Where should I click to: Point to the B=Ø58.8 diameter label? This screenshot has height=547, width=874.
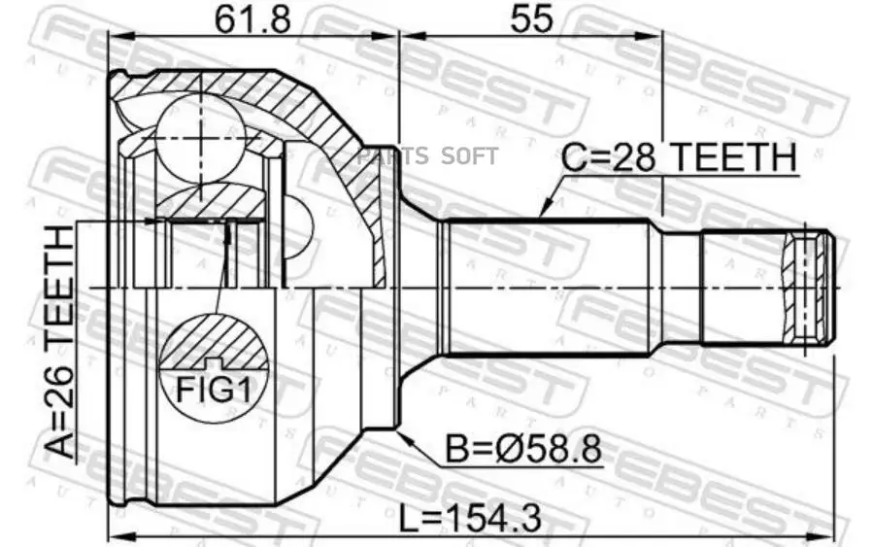coord(522,449)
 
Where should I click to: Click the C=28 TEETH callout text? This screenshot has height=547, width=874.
coord(681,157)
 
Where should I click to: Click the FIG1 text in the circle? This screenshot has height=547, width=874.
coord(213,390)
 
